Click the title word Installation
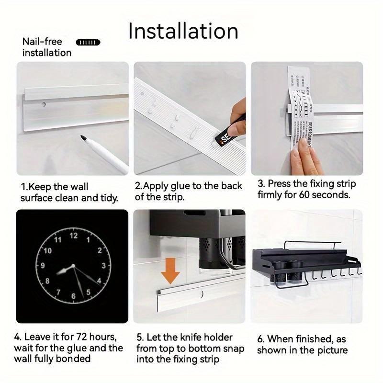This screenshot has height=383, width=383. coord(183,31)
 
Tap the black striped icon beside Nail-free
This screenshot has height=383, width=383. coord(89,43)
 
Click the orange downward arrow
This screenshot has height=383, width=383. coord(169,273)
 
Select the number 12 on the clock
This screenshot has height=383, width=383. coord(74,236)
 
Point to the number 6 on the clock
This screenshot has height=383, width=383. coord(73,296)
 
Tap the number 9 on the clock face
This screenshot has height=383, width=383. coord(43,266)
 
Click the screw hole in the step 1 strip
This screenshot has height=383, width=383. coord(44,104)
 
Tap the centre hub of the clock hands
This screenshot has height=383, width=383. coord(73,266)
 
